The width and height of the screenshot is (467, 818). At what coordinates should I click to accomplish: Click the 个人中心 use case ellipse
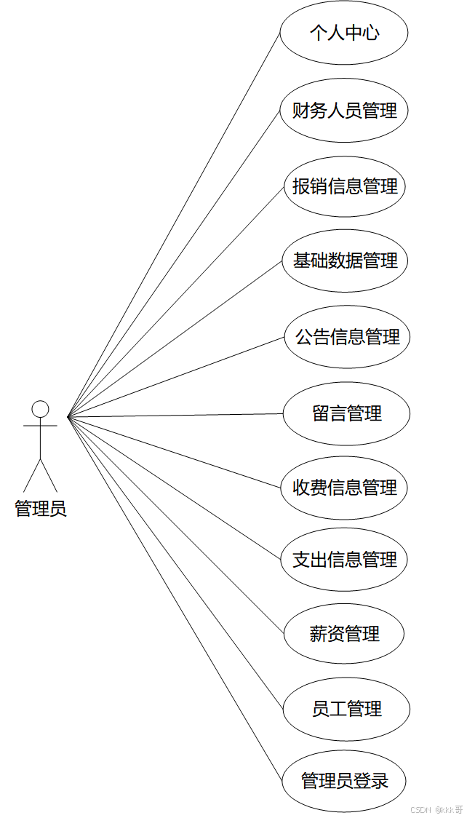[x=344, y=33]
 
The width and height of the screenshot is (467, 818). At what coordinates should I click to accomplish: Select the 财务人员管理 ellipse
[x=344, y=111]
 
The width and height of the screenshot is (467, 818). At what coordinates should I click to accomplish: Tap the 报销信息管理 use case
[x=344, y=186]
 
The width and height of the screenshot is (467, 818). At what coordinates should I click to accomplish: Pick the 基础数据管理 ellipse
[x=344, y=261]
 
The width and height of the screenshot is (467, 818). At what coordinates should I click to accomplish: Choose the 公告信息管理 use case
[x=347, y=338]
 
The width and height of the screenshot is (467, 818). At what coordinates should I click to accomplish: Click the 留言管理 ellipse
[x=347, y=414]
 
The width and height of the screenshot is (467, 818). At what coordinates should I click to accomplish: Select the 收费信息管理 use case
[x=344, y=488]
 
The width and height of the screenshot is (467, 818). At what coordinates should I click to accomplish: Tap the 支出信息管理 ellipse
[x=344, y=560]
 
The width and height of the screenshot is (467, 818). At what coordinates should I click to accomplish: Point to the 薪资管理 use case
[x=344, y=635]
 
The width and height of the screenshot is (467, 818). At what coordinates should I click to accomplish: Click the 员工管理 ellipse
[x=346, y=709]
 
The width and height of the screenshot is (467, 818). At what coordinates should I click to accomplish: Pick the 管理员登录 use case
[x=344, y=782]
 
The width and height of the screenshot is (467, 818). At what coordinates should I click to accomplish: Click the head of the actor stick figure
[x=41, y=408]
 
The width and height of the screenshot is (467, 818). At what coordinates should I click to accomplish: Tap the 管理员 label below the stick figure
[x=41, y=509]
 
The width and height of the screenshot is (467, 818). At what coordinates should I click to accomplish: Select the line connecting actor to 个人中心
[x=174, y=225]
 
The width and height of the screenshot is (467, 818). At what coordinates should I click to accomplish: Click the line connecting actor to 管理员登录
[x=174, y=598]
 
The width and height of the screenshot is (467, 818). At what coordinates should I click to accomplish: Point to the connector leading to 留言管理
[x=175, y=416]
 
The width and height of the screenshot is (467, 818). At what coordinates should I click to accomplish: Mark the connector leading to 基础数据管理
[x=175, y=338]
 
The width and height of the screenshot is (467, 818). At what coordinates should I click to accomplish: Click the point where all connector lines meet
[x=68, y=417]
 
